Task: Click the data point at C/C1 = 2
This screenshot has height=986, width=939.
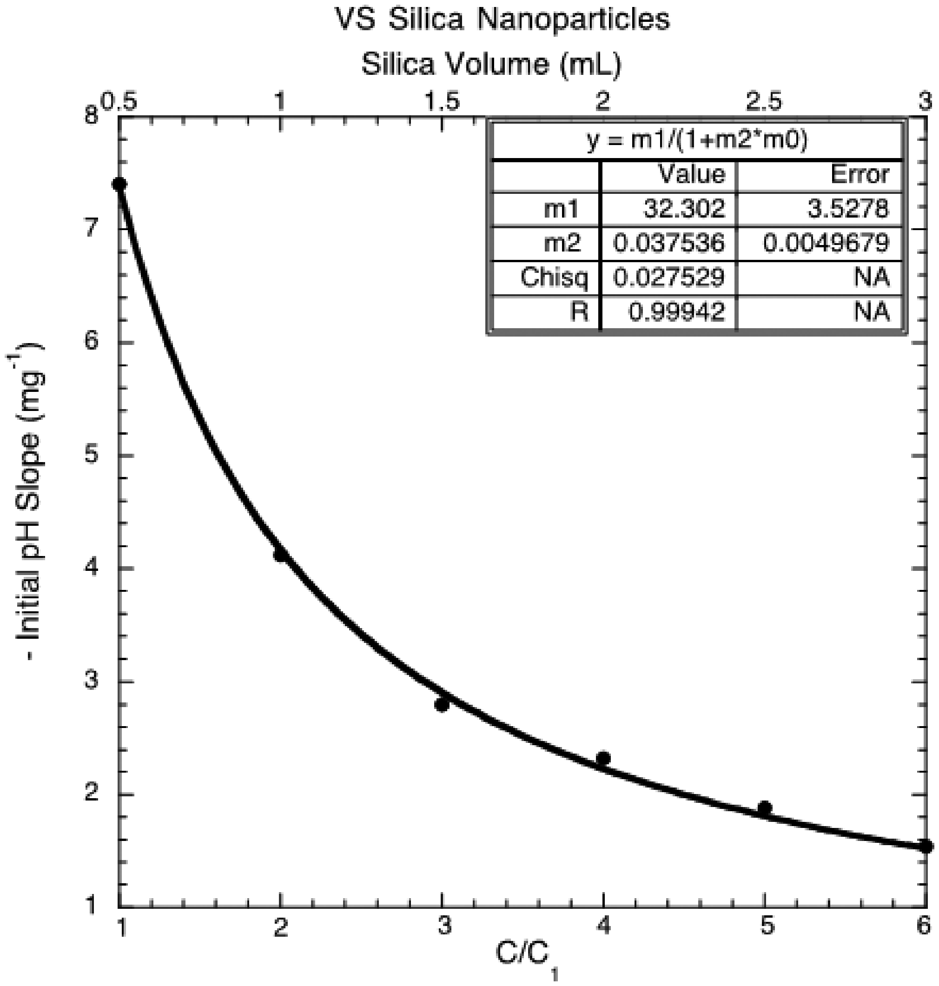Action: click(x=281, y=554)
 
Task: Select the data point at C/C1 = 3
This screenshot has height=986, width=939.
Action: click(x=442, y=705)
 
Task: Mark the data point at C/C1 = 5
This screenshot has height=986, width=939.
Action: click(x=764, y=808)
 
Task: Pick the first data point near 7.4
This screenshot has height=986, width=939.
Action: click(x=119, y=184)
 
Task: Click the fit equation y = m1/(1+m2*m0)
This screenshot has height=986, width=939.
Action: click(x=698, y=142)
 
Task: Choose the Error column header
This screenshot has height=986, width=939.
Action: click(x=860, y=175)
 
